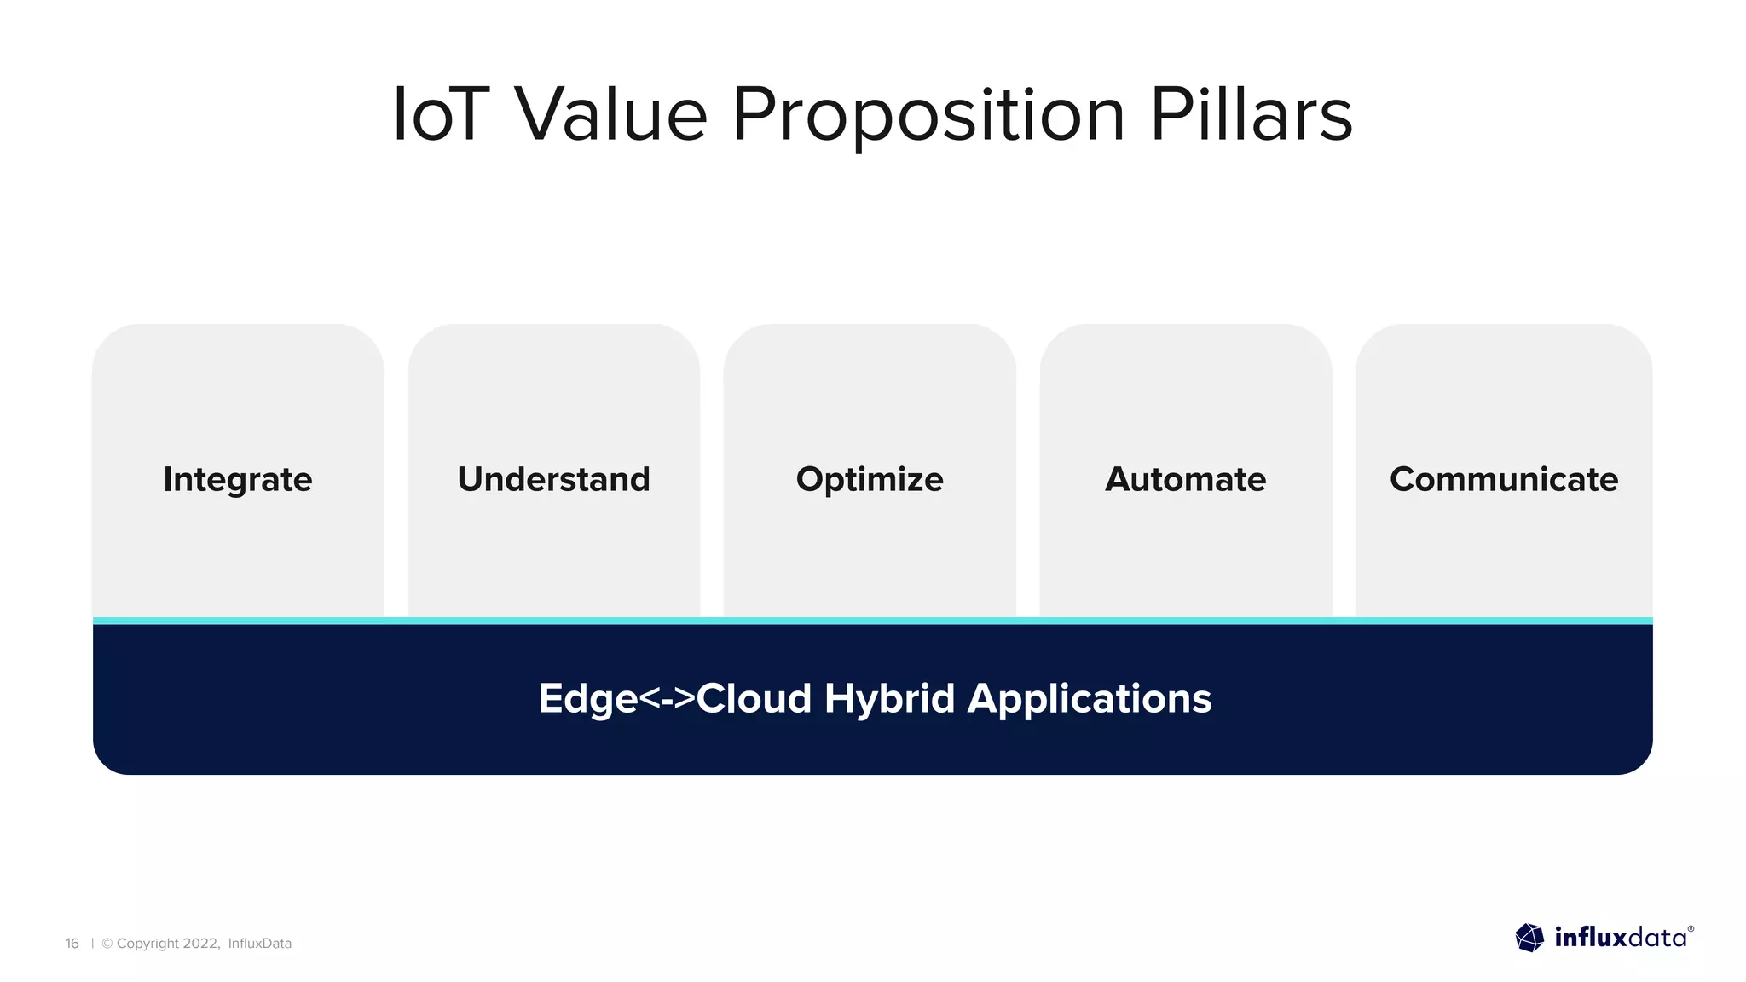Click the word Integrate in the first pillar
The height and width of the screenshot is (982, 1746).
click(238, 479)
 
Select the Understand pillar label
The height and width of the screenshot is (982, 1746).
click(553, 479)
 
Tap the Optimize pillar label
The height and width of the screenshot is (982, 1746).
click(870, 479)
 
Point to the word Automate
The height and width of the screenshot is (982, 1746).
click(1185, 479)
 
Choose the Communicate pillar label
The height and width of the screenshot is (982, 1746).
click(1504, 479)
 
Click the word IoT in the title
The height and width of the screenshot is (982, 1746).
click(441, 114)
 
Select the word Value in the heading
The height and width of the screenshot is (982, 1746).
click(610, 114)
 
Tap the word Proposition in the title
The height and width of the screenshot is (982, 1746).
click(928, 116)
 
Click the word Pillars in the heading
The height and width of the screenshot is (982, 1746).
click(1251, 114)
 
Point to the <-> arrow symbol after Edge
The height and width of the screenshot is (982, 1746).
click(667, 699)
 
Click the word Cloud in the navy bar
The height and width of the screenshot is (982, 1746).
click(754, 699)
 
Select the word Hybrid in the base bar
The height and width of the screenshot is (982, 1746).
click(889, 699)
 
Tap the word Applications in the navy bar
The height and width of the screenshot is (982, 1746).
click(1089, 699)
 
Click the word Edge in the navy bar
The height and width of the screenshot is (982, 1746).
click(588, 699)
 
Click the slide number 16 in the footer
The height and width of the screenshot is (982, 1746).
click(72, 944)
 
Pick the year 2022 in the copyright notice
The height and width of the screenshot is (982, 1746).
click(201, 944)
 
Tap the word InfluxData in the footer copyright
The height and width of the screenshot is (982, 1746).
click(259, 944)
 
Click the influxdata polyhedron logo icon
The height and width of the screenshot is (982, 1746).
click(1529, 938)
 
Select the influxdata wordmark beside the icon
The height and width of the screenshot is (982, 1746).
click(1620, 938)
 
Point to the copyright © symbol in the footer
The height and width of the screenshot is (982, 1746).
click(107, 944)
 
